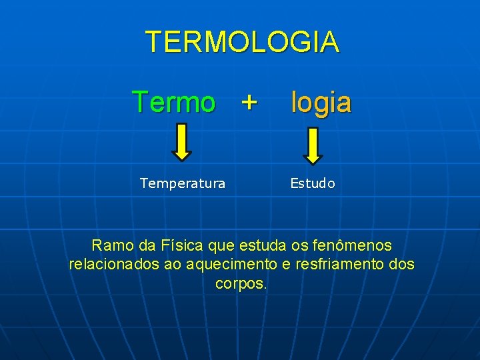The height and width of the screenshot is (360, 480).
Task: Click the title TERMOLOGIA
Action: point(242,41)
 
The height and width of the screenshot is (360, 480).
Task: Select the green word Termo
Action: point(174,103)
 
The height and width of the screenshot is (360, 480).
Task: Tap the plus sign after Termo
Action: point(248,103)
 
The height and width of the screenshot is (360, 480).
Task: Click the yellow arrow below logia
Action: point(313,145)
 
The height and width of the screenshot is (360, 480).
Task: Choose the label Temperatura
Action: point(183,183)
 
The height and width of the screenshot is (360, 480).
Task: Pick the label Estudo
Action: point(313,183)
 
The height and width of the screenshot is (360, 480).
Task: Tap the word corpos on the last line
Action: point(241,283)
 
